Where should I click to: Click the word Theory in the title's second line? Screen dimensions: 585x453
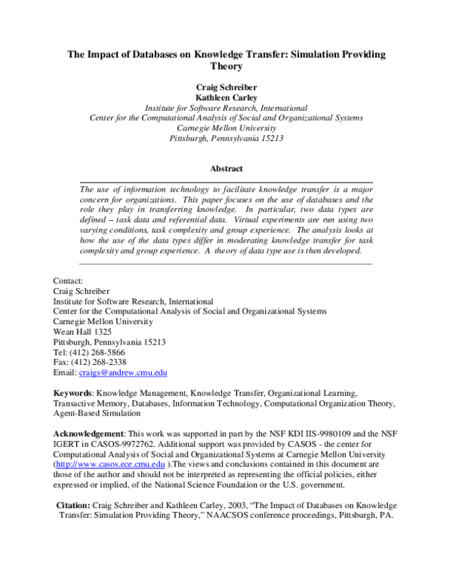tap(226, 66)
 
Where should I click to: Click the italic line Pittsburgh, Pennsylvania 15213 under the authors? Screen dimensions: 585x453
tap(226, 139)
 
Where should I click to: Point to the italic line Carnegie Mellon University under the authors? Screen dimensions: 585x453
tap(226, 128)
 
